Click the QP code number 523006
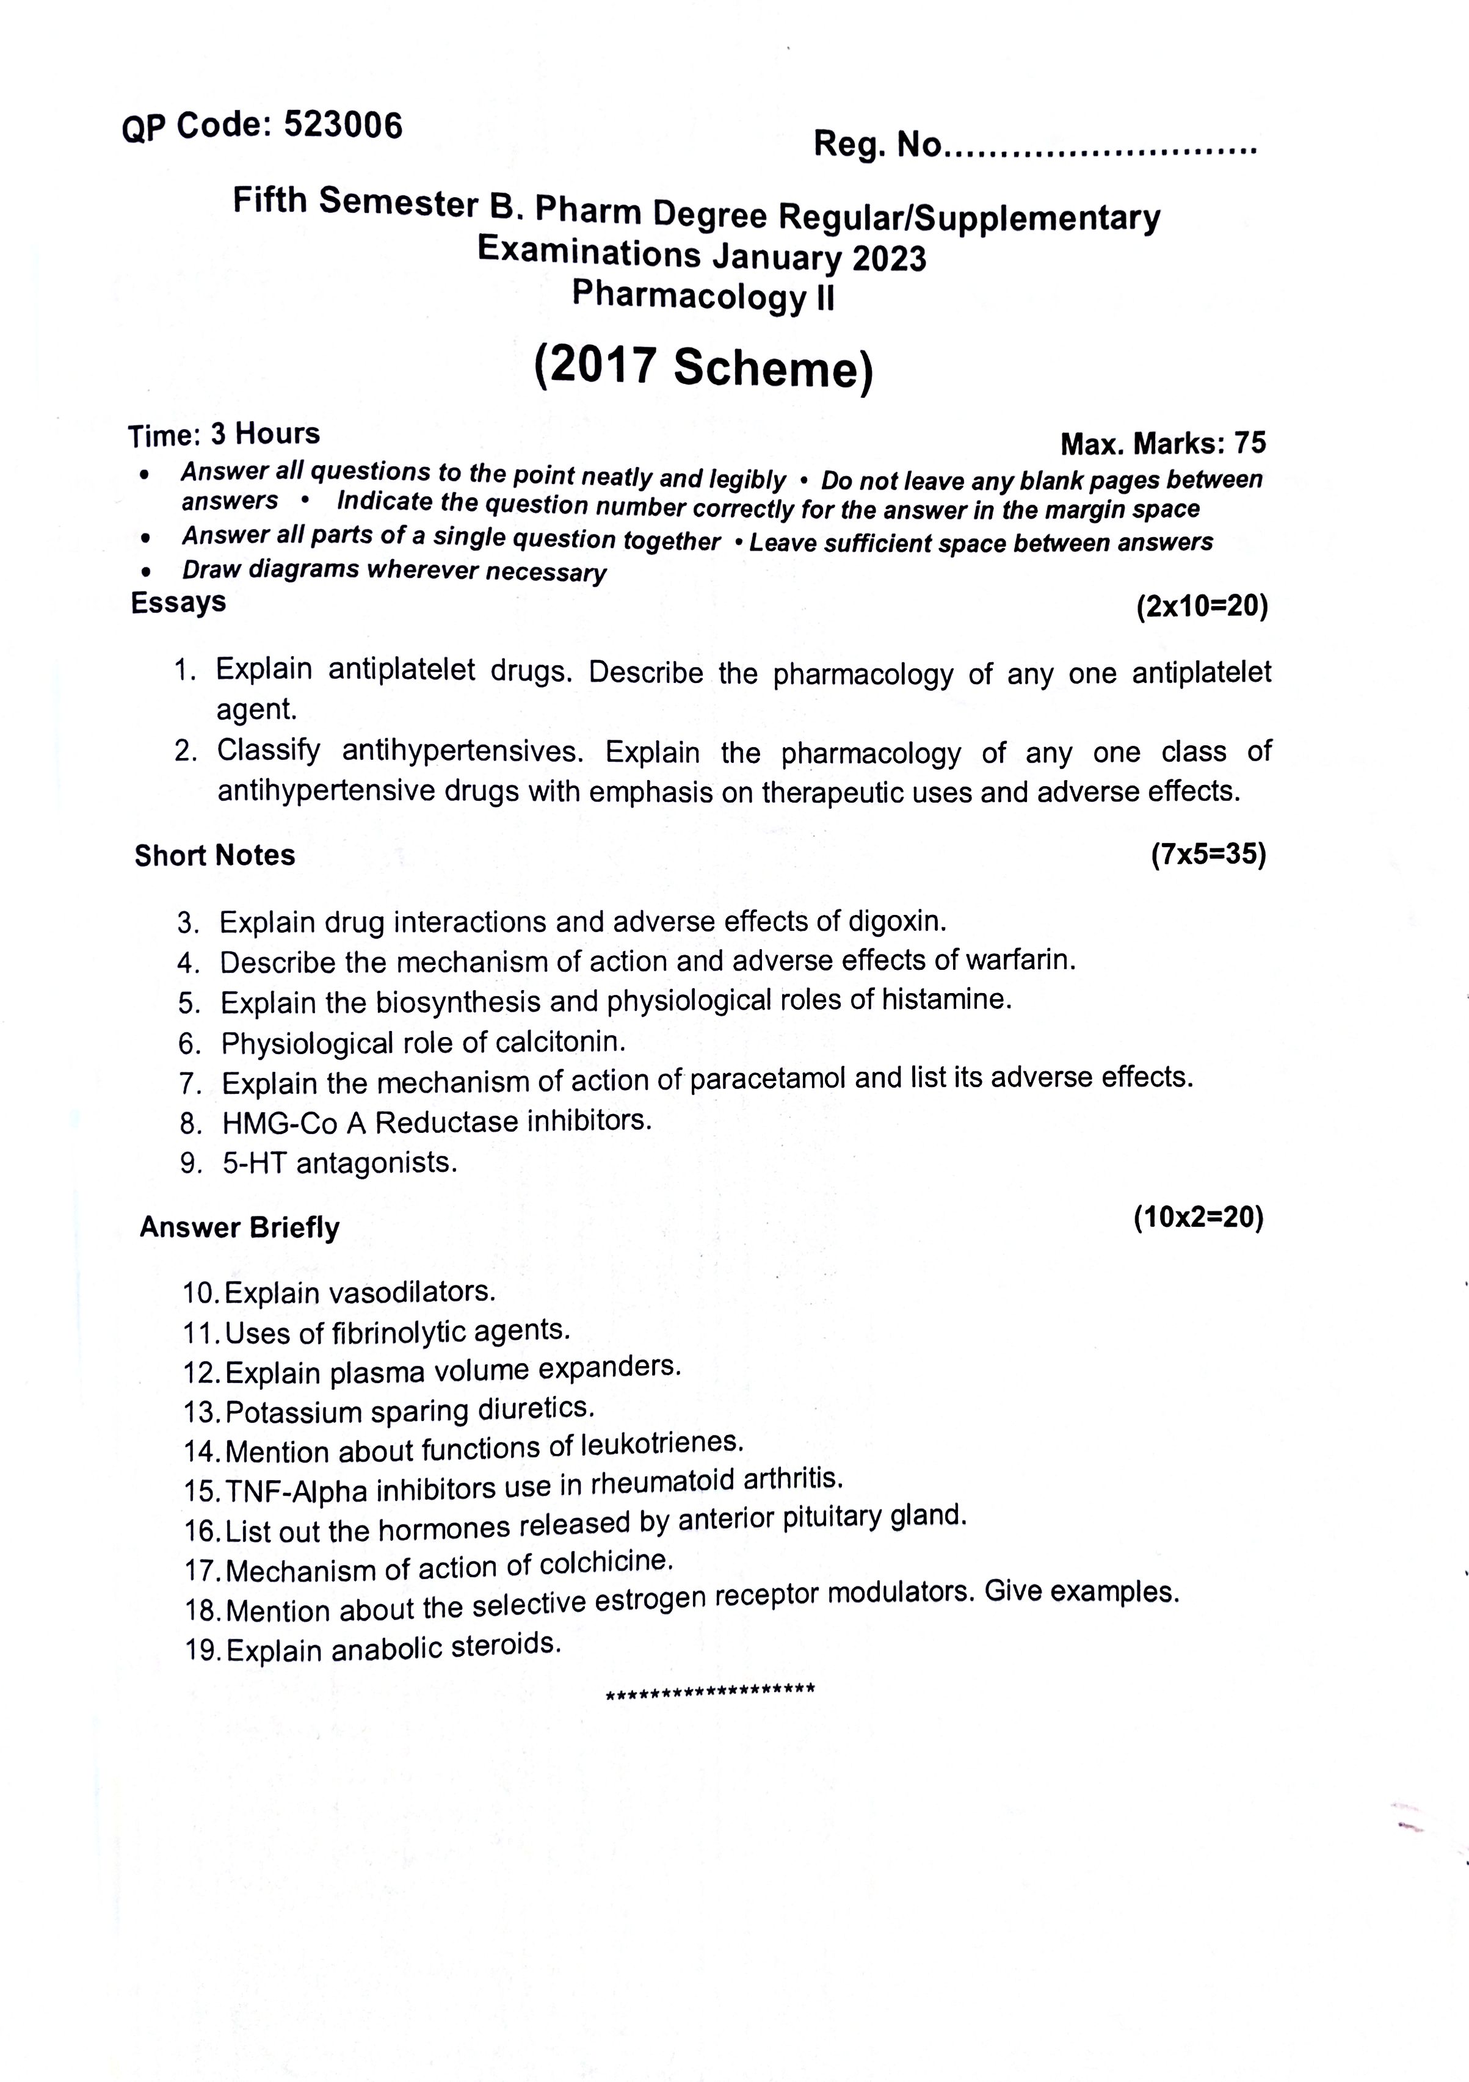(x=342, y=125)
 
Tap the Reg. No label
(x=877, y=144)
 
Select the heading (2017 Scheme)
(x=704, y=368)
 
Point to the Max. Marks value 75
(x=1250, y=443)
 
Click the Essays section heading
(x=179, y=602)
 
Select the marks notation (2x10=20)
(x=1202, y=605)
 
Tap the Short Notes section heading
(x=215, y=855)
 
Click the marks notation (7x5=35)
(x=1208, y=854)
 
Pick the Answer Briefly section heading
(x=239, y=1227)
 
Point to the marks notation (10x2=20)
(x=1198, y=1217)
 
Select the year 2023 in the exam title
(x=888, y=258)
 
